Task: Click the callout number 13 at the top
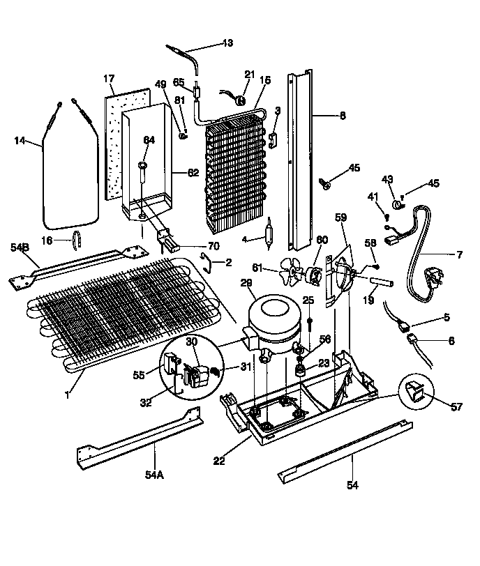click(x=228, y=44)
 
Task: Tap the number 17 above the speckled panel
click(x=110, y=78)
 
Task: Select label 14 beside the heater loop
click(x=20, y=140)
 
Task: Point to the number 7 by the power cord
click(x=460, y=255)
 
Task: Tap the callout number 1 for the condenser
click(x=67, y=395)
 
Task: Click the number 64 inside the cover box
click(x=148, y=140)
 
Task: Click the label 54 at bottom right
click(x=352, y=485)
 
